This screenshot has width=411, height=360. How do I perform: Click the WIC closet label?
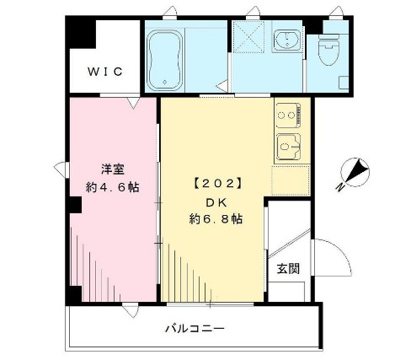(x=106, y=72)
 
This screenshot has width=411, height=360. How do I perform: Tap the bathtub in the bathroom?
(x=168, y=57)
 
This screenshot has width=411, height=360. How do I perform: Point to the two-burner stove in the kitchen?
(x=288, y=114)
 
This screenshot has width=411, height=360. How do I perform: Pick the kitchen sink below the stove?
(x=290, y=145)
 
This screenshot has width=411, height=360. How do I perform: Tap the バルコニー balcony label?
(x=194, y=329)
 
